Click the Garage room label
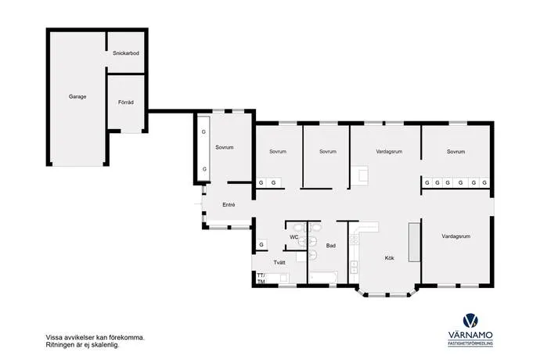(77, 97)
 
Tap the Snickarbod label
(126, 53)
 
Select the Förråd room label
(126, 103)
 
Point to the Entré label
(229, 204)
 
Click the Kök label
(389, 258)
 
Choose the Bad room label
(330, 246)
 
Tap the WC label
(293, 237)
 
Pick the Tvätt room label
(279, 262)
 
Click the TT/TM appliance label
(261, 279)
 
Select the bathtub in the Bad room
(323, 278)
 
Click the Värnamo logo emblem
(470, 321)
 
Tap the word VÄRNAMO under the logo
(470, 335)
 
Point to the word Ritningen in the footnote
(59, 345)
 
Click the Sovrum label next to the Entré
(224, 147)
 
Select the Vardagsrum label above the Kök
(389, 152)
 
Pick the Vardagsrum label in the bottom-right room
(455, 236)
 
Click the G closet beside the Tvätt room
(261, 245)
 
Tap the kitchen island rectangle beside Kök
(414, 242)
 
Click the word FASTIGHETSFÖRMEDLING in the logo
(470, 344)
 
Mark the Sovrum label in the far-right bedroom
(455, 152)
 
